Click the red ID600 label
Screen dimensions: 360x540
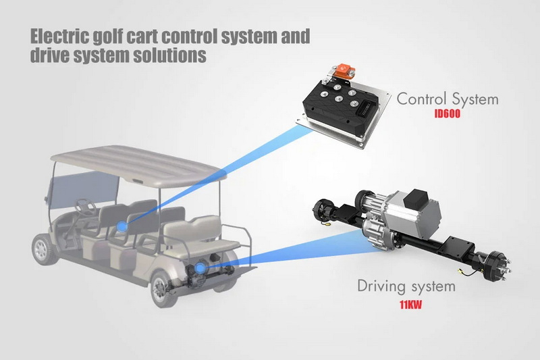pos(448,114)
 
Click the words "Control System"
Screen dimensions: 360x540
pos(448,99)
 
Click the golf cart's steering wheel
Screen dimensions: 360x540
pos(85,204)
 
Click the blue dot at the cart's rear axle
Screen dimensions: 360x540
pos(200,268)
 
